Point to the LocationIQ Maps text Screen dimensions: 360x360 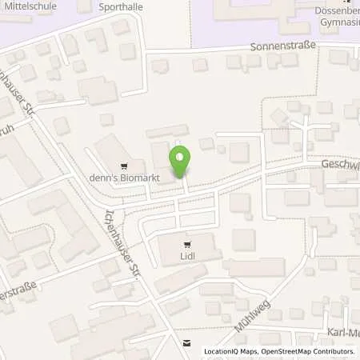pos(230,351)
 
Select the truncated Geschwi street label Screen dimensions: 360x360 pos(340,161)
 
